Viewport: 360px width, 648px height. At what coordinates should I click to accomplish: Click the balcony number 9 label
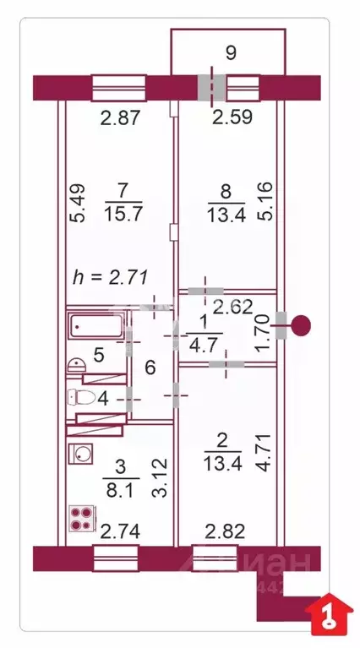tap(231, 53)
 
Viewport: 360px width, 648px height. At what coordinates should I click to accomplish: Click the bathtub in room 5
tap(96, 324)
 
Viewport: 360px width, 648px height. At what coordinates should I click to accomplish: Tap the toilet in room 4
tap(85, 397)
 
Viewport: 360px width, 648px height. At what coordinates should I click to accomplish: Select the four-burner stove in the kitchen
tap(83, 518)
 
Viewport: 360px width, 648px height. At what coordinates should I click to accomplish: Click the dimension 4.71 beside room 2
tap(264, 456)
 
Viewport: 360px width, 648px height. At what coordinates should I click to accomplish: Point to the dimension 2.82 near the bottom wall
tap(222, 531)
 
